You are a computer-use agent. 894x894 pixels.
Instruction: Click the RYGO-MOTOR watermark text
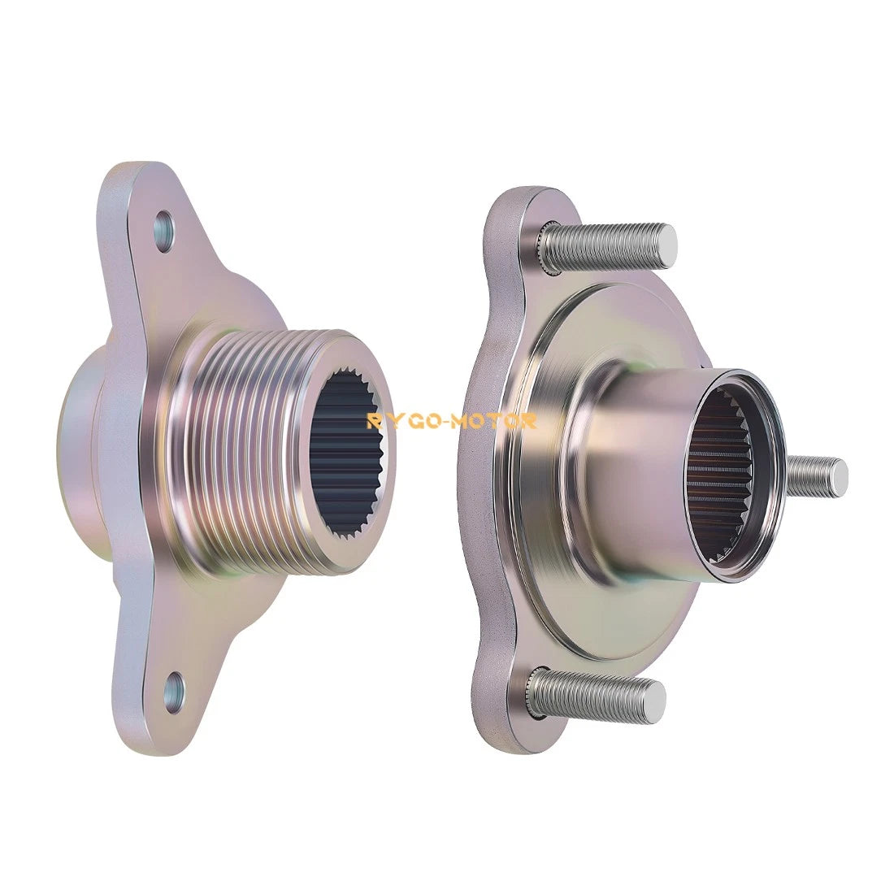451,421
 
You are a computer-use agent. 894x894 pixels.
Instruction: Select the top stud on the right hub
606,247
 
